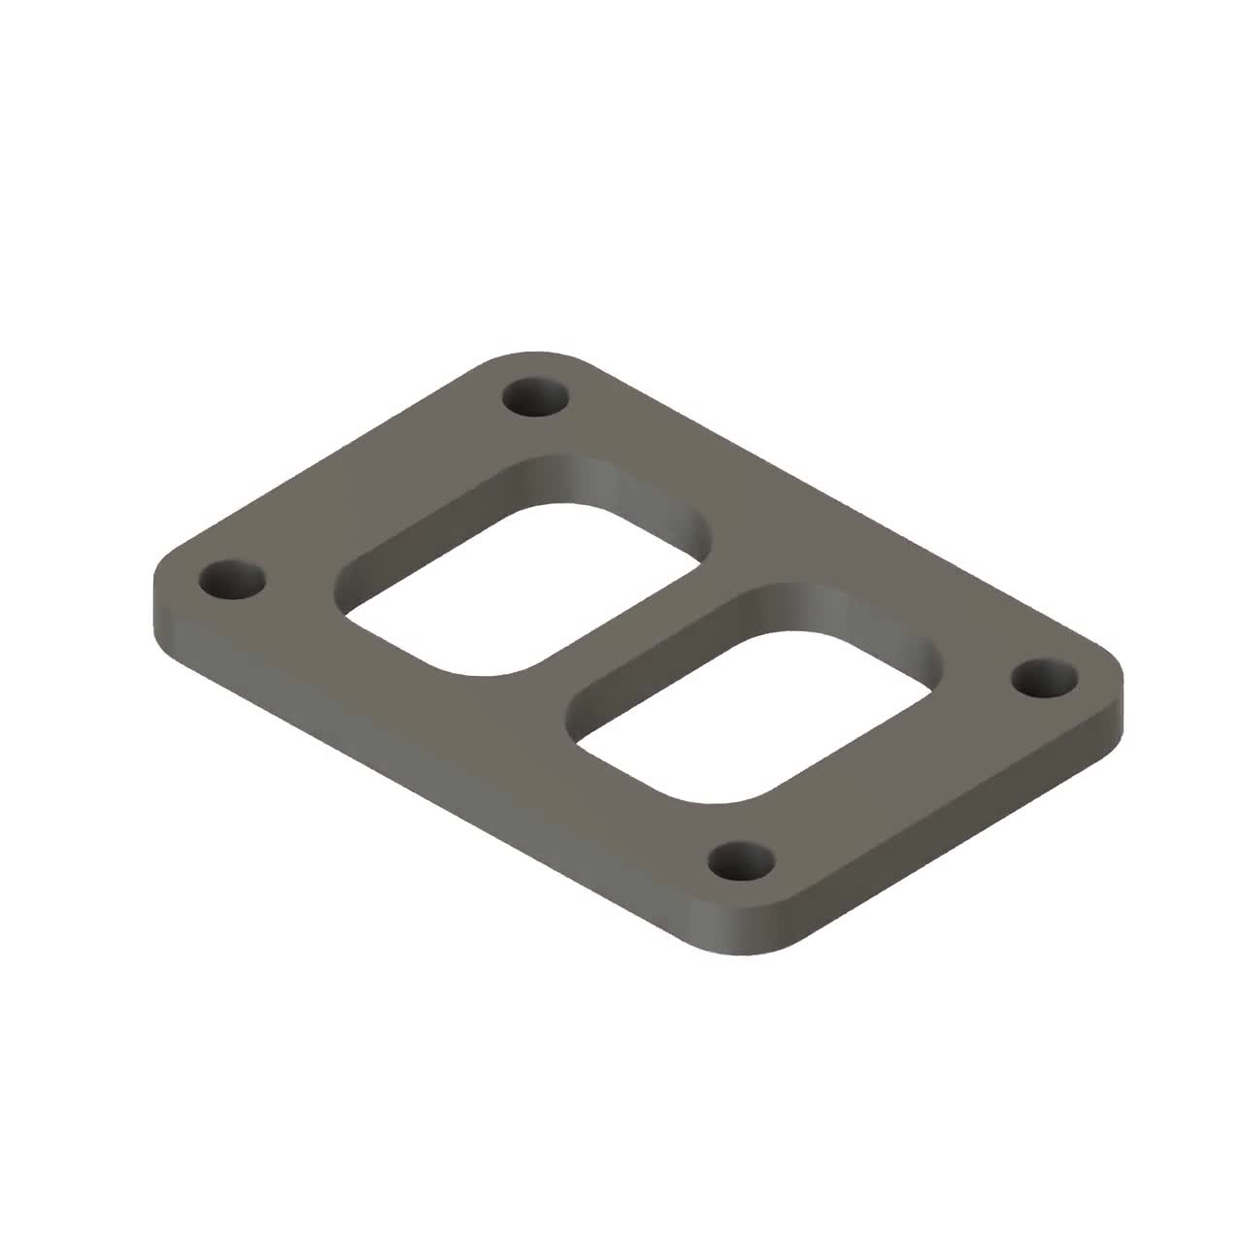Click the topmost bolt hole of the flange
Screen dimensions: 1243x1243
(536, 398)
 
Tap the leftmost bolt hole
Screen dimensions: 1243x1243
(232, 581)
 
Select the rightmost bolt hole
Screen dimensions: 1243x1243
(1044, 677)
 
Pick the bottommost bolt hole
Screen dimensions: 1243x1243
(742, 861)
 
